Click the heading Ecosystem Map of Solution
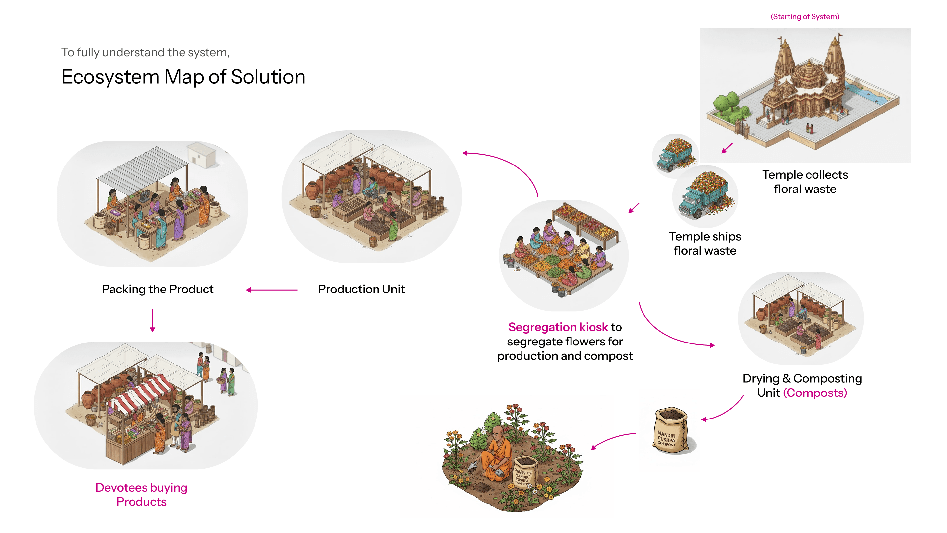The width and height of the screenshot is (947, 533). tap(183, 77)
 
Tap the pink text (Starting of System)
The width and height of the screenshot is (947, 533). tap(805, 17)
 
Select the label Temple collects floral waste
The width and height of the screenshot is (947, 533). tap(805, 182)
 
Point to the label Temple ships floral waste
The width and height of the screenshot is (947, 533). tap(705, 243)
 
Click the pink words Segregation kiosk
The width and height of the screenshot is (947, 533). tap(558, 327)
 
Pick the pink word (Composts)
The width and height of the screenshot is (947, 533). tap(815, 393)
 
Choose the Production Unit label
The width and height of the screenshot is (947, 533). tap(361, 289)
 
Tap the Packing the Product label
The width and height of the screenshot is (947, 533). tap(158, 289)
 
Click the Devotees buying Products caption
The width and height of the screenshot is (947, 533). tap(141, 495)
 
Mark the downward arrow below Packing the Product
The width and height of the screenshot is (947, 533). tap(152, 320)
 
